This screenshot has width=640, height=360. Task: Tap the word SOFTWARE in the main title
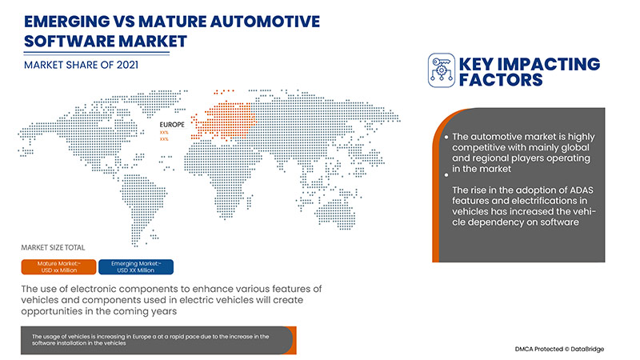pyautogui.click(x=61, y=39)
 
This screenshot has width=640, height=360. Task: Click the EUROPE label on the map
pyautogui.click(x=172, y=125)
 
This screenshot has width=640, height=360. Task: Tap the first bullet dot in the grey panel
pyautogui.click(x=446, y=138)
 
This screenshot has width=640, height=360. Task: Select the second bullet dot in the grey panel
pyautogui.click(x=446, y=174)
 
